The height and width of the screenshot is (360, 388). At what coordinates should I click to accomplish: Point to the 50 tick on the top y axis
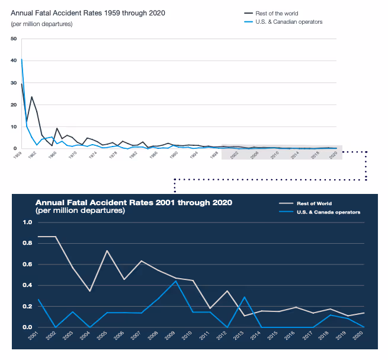click(14, 39)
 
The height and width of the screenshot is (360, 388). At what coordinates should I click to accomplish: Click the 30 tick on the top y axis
click(14, 82)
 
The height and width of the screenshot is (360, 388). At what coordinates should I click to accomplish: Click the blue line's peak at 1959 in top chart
click(22, 59)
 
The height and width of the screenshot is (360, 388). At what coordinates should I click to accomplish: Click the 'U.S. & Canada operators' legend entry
click(328, 211)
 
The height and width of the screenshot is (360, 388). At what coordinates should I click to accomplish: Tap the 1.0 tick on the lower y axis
click(27, 223)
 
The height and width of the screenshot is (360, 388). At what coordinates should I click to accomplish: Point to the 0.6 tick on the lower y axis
click(27, 265)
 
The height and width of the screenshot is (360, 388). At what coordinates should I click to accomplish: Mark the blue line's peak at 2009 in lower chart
click(175, 281)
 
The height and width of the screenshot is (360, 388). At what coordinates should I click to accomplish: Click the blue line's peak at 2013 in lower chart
click(245, 297)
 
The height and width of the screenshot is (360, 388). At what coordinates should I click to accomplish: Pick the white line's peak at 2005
click(107, 251)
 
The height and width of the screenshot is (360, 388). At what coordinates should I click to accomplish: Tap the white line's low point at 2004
click(90, 291)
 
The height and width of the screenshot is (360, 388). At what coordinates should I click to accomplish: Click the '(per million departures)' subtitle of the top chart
click(41, 24)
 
